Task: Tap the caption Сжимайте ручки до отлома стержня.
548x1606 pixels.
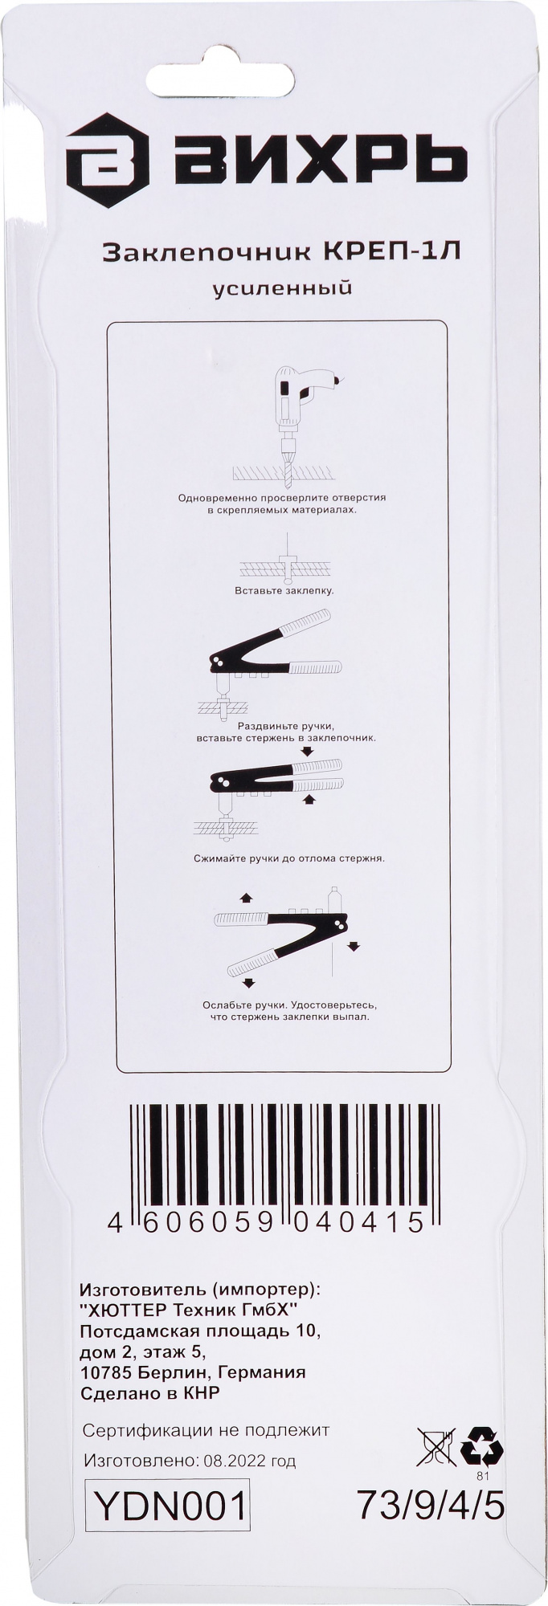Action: coord(288,858)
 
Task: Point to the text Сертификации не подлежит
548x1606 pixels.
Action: coord(207,1430)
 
